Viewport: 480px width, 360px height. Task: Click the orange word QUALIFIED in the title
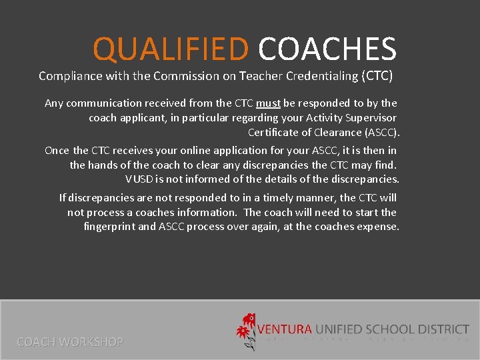[170, 49]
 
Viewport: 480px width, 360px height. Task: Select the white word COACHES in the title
[327, 49]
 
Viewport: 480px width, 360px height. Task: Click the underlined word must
[268, 103]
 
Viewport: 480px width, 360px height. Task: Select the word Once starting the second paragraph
[57, 151]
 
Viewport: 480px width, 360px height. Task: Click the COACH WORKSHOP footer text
[70, 342]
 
